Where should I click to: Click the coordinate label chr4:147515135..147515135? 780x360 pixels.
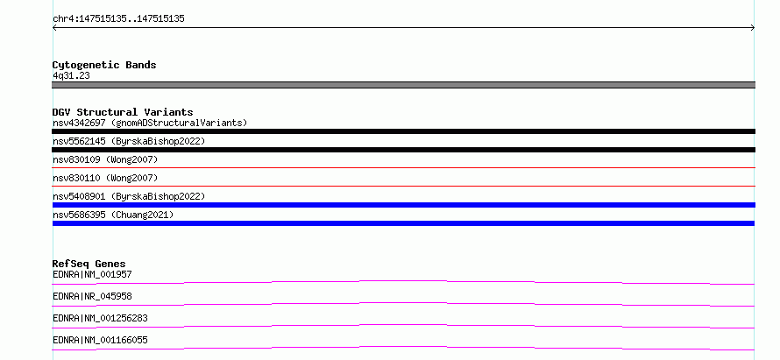(118, 19)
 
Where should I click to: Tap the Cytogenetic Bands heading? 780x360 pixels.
(104, 65)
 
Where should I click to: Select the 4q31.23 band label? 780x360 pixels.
(71, 75)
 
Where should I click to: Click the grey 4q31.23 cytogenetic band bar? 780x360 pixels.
(403, 85)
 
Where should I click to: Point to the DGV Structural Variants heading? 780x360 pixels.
(123, 112)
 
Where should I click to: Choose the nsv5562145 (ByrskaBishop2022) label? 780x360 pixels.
(129, 141)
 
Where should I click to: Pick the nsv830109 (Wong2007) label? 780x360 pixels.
(105, 159)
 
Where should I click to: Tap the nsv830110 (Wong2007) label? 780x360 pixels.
(105, 178)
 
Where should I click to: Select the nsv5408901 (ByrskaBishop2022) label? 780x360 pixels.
(129, 196)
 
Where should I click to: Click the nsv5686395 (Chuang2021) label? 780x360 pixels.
(113, 215)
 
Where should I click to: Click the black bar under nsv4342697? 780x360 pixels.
(403, 131)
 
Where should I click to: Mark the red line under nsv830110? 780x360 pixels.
(403, 186)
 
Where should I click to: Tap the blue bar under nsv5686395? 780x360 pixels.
(403, 223)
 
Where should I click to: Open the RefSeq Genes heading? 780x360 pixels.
(89, 264)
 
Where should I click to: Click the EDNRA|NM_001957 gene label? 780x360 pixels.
(92, 274)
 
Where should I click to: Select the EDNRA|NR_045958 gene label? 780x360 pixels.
(92, 296)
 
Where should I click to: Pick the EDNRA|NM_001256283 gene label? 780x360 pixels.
(100, 318)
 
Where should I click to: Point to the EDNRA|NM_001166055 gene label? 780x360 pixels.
(100, 340)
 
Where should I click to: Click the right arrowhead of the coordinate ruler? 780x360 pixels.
(754, 28)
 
